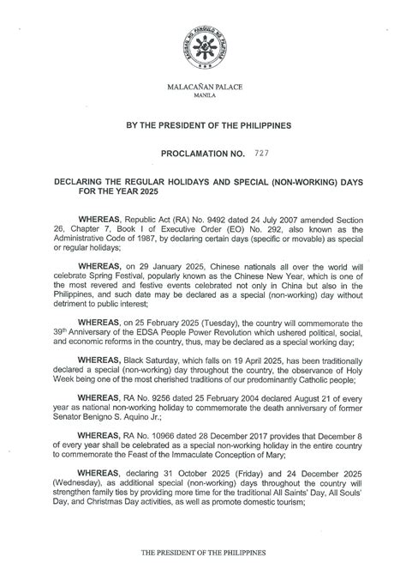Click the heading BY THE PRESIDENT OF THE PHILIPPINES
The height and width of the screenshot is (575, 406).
202,125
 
